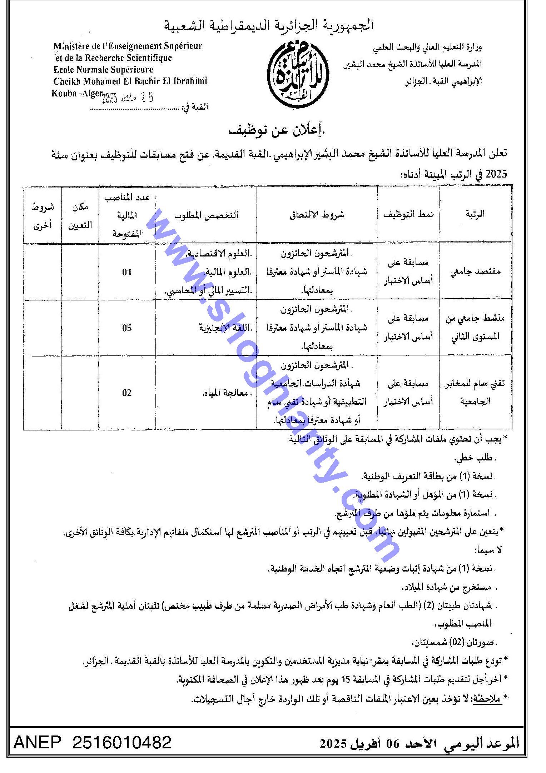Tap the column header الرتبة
pos(475,214)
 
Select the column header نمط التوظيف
pos(408,214)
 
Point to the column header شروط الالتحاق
pos(317,214)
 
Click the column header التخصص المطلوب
pos(206,215)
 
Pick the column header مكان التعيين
pos(80,216)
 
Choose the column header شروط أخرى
pos(43,216)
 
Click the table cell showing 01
pos(127,272)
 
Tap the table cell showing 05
pos(127,328)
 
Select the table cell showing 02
pos(127,393)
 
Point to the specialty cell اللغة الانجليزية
pos(225,328)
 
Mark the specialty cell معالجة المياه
pos(225,393)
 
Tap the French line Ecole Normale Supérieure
pos(103,69)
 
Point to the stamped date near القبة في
pos(128,98)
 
